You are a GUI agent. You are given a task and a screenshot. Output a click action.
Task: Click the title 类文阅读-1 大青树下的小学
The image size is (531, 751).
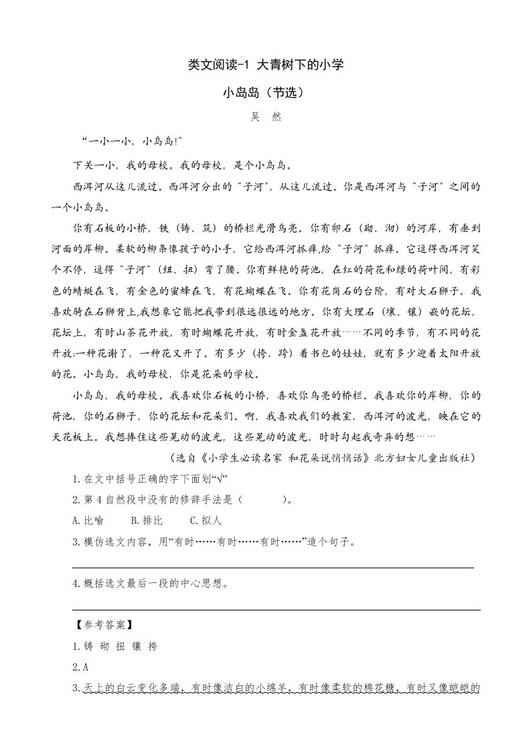coord(265,65)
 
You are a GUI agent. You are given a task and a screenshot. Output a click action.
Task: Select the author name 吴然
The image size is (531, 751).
coord(265,117)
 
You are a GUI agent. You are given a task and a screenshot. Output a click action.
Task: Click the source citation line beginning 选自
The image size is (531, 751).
coord(323,458)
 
